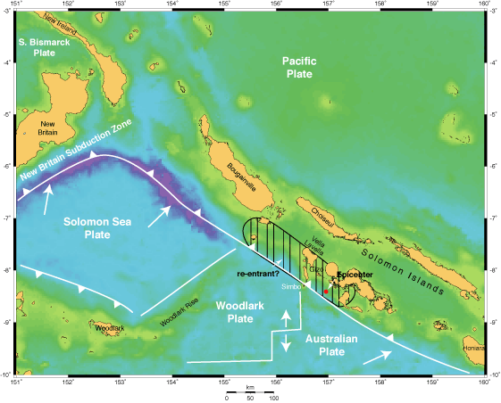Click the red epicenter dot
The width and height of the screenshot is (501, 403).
pos(327,292)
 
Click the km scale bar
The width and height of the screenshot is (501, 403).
pos(251,391)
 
